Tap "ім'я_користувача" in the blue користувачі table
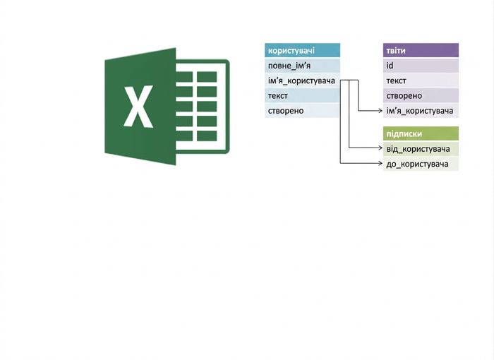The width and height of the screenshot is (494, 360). point(301,80)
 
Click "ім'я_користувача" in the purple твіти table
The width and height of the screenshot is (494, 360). point(420,111)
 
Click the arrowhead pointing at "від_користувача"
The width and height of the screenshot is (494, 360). point(380,148)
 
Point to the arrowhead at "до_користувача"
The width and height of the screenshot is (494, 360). point(380,163)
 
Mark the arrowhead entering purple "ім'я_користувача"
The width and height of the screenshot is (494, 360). point(380,110)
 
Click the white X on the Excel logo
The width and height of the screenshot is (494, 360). point(138,107)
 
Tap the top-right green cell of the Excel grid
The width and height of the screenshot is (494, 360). point(207,77)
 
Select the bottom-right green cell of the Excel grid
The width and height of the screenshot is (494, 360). point(207,136)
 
